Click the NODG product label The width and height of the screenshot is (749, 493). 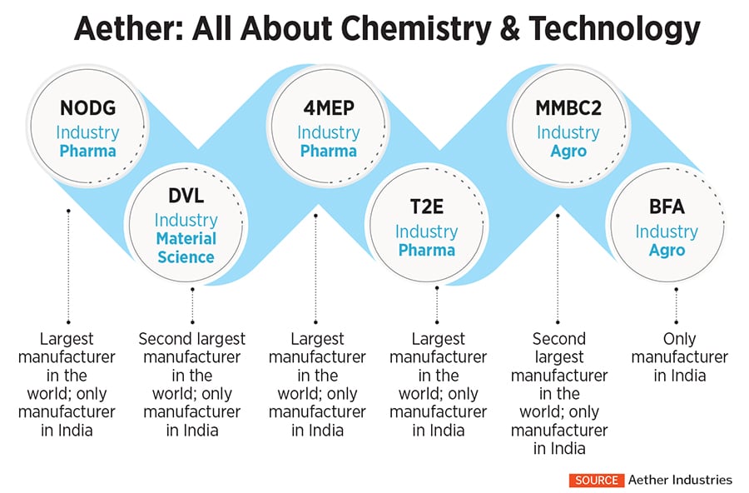click(x=87, y=109)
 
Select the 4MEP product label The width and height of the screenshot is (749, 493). click(x=328, y=109)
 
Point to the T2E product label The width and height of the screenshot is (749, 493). click(x=426, y=208)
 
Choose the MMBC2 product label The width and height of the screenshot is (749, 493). click(x=568, y=109)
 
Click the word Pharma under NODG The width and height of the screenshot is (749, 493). click(x=87, y=152)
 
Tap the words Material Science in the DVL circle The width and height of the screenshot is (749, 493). click(x=186, y=248)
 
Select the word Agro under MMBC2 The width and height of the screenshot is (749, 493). click(x=568, y=152)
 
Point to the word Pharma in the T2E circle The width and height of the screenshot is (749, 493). click(x=426, y=251)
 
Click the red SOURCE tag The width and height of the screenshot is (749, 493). click(x=595, y=480)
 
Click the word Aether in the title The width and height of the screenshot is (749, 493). click(x=115, y=29)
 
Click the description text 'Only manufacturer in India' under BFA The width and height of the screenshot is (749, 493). click(x=679, y=357)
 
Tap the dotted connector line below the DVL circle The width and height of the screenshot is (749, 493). click(x=191, y=306)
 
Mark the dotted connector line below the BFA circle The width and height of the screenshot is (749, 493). click(x=676, y=306)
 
